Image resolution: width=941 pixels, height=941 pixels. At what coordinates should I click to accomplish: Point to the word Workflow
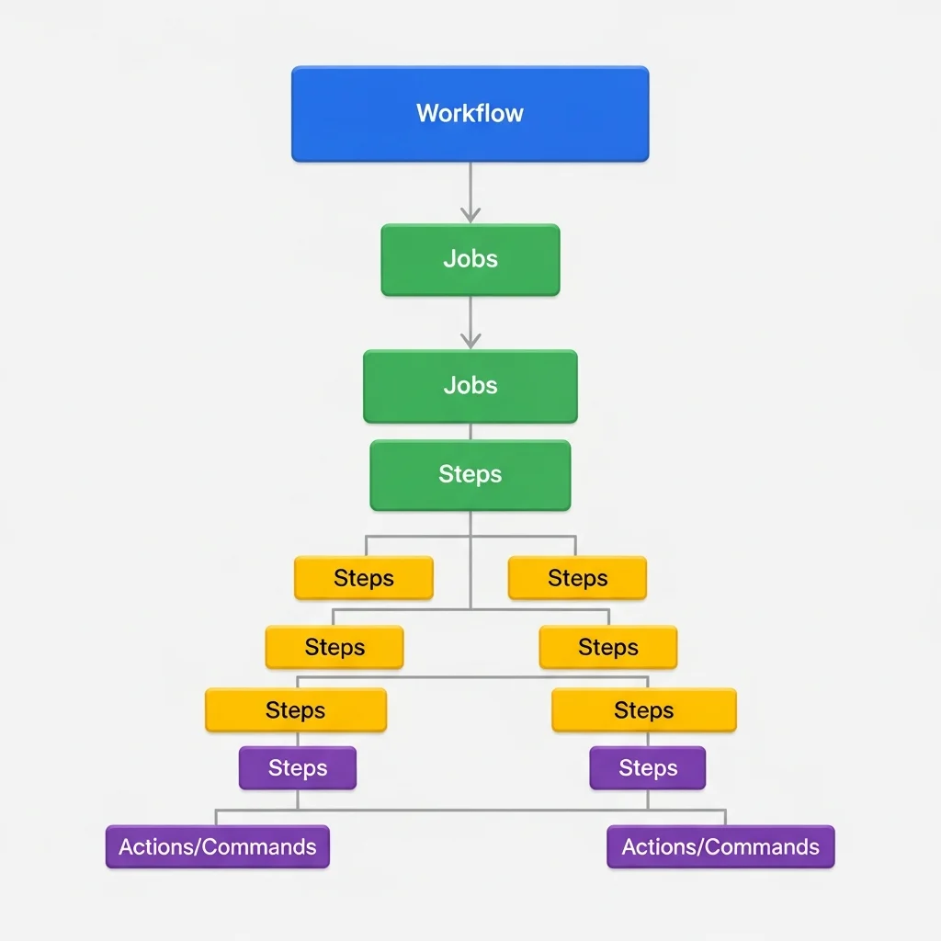470,113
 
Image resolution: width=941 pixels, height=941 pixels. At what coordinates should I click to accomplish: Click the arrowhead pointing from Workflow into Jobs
470,216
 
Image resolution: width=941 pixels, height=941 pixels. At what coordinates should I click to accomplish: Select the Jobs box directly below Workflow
470,260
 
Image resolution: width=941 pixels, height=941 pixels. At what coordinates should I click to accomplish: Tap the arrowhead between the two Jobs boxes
470,341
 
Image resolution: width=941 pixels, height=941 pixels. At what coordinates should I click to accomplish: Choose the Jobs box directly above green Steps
470,386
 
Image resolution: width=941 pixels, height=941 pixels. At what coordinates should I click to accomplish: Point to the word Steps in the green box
470,474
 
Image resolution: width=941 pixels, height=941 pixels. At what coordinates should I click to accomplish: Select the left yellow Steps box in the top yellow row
363,578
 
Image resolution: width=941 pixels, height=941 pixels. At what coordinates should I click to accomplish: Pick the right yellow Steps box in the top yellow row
577,578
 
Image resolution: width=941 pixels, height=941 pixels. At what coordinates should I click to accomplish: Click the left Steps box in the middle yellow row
334,647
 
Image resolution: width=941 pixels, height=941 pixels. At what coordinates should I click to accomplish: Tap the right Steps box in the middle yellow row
607,647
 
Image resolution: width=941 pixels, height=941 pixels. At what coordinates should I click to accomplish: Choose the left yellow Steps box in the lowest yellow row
295,710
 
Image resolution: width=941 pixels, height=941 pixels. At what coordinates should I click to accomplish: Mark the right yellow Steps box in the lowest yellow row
643,710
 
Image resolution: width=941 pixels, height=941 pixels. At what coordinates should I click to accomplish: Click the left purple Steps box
297,768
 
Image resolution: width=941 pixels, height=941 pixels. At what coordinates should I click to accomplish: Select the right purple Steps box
648,768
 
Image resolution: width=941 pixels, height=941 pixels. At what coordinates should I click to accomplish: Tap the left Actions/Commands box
217,847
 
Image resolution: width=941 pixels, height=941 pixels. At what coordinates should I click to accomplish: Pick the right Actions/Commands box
720,847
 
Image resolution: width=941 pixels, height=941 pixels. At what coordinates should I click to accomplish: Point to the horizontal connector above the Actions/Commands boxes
470,811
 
